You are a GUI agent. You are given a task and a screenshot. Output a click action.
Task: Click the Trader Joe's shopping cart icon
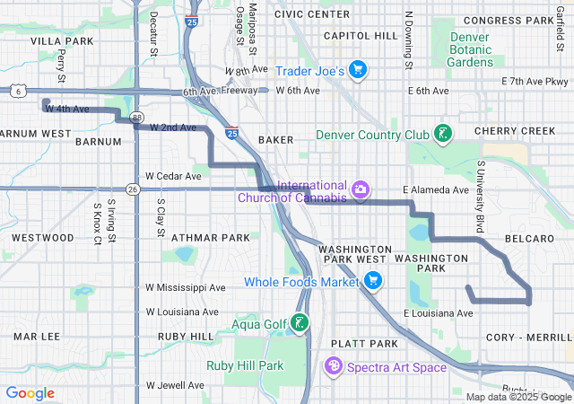pos(358,70)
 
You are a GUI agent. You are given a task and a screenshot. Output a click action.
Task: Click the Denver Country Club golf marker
pos(441,135)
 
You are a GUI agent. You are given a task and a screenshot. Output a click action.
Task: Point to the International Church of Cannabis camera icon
pos(360,189)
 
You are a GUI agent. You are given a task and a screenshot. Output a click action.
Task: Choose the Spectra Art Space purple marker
pos(334,366)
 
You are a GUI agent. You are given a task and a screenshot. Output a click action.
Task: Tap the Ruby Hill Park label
pos(245,365)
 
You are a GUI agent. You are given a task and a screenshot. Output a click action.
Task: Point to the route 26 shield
pos(133,189)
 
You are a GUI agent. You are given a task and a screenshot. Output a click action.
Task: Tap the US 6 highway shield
pos(17,91)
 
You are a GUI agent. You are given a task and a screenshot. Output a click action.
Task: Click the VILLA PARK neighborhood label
pos(62,41)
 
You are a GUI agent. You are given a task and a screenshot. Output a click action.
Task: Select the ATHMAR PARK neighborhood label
pos(210,238)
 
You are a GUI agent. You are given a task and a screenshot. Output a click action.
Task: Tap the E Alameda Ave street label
pos(436,190)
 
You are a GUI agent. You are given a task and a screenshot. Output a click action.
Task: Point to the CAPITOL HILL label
pos(360,35)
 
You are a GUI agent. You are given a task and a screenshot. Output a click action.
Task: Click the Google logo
pos(30,392)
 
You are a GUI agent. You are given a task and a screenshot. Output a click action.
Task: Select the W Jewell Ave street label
pos(175,385)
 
